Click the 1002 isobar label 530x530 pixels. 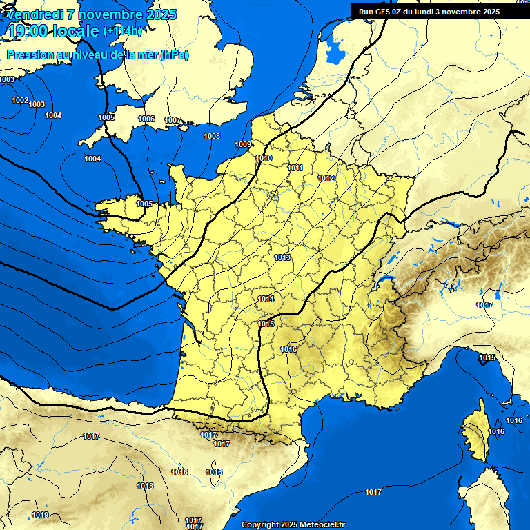point(20,101)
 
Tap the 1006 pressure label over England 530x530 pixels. point(146,119)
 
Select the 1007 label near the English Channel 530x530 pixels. point(173,121)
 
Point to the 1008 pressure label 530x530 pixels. point(212,136)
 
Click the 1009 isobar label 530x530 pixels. point(243,144)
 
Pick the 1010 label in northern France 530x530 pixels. point(264,159)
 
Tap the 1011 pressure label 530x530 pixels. point(295,168)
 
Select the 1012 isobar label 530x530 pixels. point(326,179)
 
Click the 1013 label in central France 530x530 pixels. point(282,258)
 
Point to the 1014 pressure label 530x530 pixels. point(266,300)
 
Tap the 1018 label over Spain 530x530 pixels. point(145,487)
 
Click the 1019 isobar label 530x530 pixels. point(40,516)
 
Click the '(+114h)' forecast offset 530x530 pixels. point(122,31)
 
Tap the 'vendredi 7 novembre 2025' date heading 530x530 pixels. point(91,14)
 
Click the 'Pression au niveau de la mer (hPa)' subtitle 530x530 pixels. point(97,55)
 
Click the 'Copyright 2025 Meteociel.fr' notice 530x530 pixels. point(293,524)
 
